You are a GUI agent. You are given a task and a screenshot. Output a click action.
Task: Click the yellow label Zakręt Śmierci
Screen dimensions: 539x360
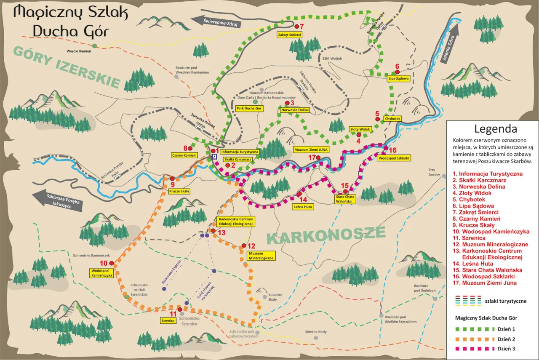point(289,35)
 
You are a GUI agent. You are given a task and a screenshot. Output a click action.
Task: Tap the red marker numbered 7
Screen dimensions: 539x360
point(296,27)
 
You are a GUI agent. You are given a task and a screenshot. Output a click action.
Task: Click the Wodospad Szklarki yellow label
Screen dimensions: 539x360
point(394,158)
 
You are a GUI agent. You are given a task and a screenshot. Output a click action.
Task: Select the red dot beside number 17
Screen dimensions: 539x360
point(318,158)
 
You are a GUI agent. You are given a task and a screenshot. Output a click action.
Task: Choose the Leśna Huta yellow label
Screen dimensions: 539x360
point(303,207)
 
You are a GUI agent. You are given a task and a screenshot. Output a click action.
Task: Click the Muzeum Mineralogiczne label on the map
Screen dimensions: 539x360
point(261,256)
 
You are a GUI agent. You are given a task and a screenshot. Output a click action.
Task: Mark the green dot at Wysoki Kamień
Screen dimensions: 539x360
point(95,45)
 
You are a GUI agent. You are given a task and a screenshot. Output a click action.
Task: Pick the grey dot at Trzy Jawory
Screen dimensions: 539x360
point(444,177)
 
